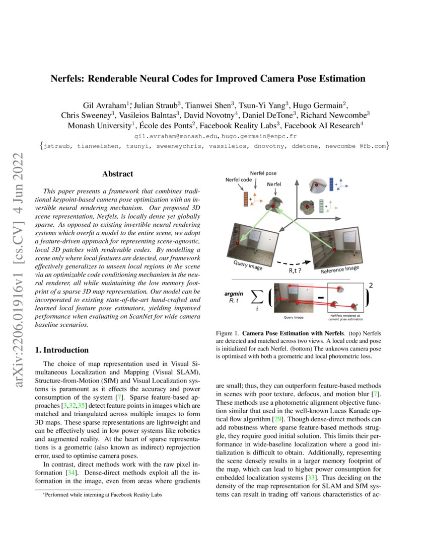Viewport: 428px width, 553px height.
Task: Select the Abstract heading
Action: pyautogui.click(x=117, y=174)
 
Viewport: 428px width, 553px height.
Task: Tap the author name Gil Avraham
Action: pyautogui.click(x=109, y=105)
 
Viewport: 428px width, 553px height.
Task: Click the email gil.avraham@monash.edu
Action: pyautogui.click(x=175, y=136)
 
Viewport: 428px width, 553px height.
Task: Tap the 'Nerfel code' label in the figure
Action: pyautogui.click(x=239, y=179)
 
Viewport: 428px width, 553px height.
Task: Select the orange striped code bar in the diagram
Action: pyautogui.click(x=246, y=200)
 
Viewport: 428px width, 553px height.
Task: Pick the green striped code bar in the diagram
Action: pyautogui.click(x=320, y=206)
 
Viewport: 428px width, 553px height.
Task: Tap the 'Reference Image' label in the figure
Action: pyautogui.click(x=340, y=270)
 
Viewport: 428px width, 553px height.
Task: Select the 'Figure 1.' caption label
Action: pyautogui.click(x=226, y=334)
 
